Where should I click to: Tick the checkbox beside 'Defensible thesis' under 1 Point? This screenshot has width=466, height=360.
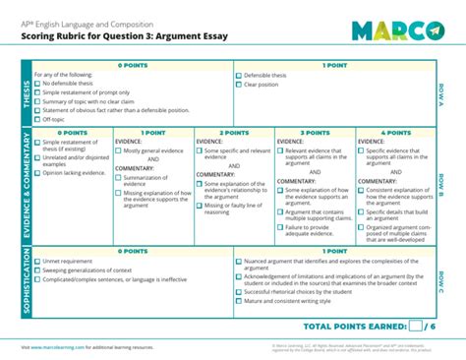click(x=239, y=75)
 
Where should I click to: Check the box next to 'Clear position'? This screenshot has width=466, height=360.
click(x=239, y=85)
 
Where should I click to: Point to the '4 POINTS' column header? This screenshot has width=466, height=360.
click(x=395, y=132)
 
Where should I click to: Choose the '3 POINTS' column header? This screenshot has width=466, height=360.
click(x=315, y=132)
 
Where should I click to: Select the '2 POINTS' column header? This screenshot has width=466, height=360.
click(x=234, y=132)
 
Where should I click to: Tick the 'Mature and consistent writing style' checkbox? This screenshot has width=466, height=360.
click(x=239, y=301)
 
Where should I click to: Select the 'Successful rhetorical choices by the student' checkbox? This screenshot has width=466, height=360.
click(x=239, y=292)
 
